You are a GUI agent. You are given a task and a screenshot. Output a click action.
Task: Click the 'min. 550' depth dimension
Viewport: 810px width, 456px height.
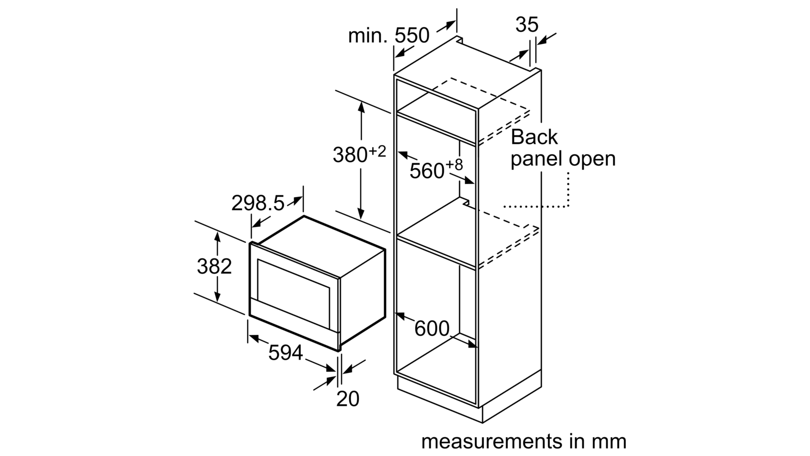coord(389,36)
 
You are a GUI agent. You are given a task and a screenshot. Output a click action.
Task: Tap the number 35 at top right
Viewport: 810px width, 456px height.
coord(527,25)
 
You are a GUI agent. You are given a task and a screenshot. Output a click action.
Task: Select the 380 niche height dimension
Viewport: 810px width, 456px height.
coord(350,155)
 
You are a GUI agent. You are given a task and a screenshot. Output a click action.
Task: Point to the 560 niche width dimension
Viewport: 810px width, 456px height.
coord(427,171)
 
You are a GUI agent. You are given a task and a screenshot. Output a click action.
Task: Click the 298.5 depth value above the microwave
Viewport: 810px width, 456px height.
coord(258,203)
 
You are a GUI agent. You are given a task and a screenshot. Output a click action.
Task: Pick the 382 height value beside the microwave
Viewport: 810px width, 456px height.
coord(214,267)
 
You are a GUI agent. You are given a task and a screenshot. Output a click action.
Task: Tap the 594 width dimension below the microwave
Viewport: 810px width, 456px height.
coord(286,353)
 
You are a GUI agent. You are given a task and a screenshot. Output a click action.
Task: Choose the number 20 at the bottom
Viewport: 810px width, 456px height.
coord(348,398)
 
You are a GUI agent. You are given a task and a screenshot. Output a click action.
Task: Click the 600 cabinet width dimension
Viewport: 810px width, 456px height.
coord(432,329)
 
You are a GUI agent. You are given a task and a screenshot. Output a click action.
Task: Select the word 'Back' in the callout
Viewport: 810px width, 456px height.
coord(534,137)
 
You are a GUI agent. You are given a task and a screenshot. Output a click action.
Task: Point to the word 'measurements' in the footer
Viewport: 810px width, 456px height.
coord(492,441)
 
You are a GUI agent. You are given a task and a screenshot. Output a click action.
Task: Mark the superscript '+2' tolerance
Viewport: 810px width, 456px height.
coord(377,151)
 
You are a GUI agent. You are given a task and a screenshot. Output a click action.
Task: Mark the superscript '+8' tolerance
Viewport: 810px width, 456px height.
coord(454,165)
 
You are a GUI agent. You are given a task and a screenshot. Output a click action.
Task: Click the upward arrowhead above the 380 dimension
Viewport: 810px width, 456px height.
coord(361,107)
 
